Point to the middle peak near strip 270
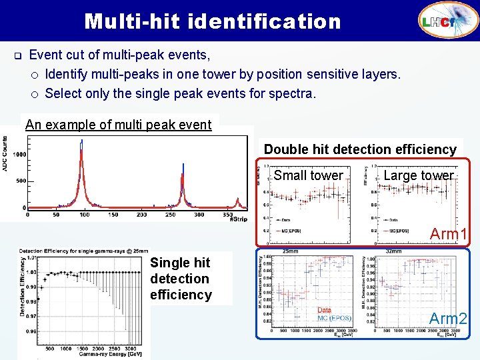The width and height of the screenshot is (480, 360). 181,175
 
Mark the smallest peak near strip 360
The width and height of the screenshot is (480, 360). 238,199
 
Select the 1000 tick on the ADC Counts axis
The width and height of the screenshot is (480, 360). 18,154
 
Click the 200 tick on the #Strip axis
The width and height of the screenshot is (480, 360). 142,215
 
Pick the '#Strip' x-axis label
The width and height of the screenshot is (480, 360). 238,219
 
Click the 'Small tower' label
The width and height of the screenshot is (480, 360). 308,176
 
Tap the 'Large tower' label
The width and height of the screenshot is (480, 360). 419,176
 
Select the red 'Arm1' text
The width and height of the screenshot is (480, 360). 448,234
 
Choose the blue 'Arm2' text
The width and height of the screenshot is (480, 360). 448,319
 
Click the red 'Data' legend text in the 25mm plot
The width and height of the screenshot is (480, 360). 324,311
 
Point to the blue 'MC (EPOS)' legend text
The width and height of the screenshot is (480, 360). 334,319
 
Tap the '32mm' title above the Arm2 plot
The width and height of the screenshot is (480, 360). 393,251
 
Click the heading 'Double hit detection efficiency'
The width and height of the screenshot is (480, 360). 361,149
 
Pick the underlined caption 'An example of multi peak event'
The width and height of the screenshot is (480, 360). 118,124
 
